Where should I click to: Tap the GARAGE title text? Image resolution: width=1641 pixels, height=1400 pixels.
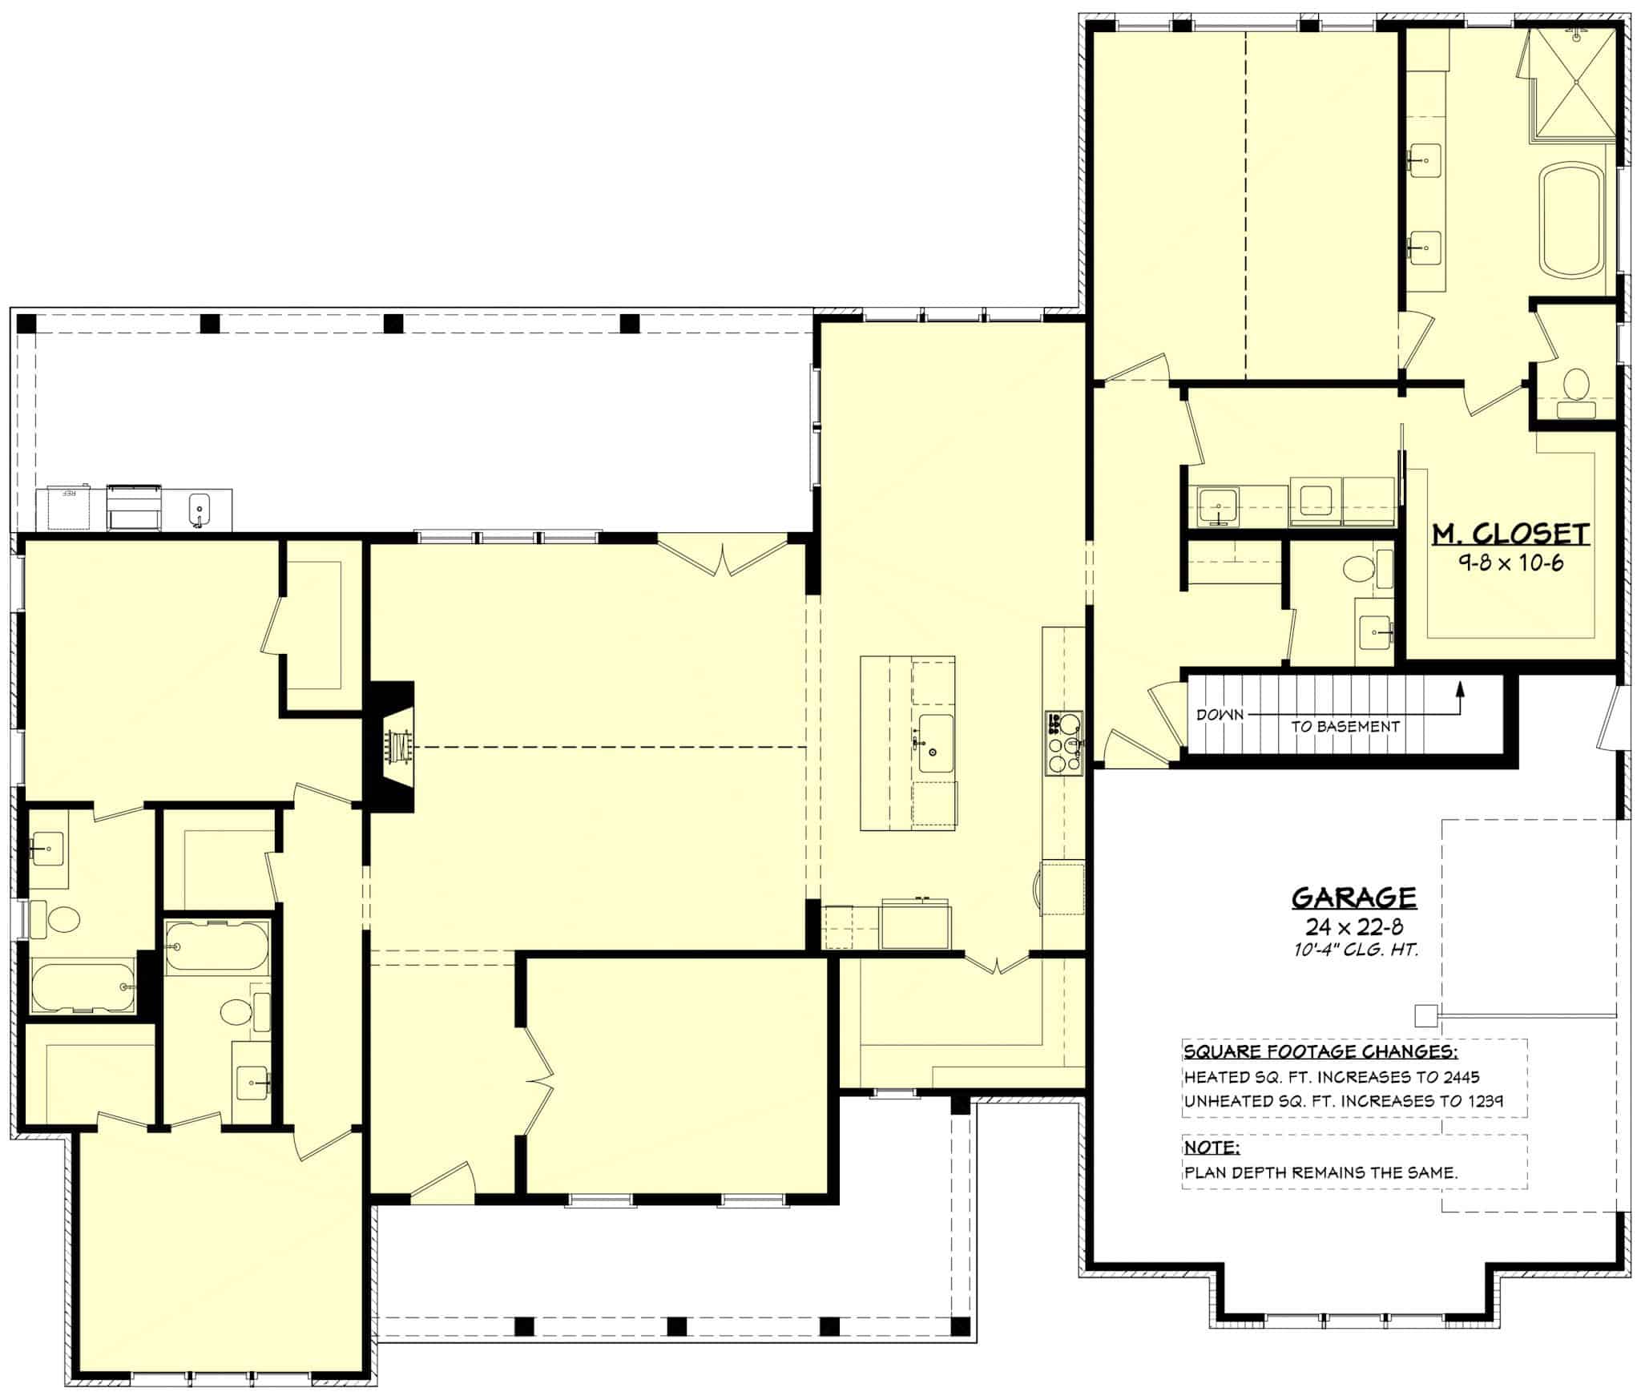point(1353,897)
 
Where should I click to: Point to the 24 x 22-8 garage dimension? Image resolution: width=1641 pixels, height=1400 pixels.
point(1353,927)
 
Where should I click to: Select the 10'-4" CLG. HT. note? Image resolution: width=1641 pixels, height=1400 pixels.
point(1353,950)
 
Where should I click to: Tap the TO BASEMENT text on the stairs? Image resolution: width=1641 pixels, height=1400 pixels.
point(1345,727)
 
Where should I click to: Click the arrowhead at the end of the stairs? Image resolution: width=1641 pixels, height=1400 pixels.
point(1459,688)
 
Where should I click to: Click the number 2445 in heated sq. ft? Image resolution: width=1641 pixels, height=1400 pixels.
point(1458,1077)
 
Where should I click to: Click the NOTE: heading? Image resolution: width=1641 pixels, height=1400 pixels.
point(1212,1148)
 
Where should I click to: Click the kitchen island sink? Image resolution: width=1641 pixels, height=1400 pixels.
point(935,744)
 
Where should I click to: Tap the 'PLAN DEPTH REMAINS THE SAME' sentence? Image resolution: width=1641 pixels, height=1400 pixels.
point(1320,1172)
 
